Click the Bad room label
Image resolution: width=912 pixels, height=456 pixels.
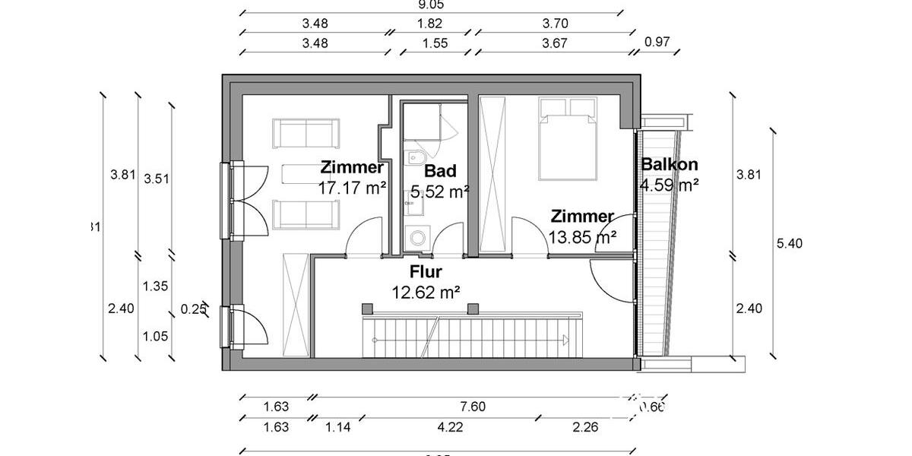[440, 171]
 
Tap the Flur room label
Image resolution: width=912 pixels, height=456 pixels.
[426, 271]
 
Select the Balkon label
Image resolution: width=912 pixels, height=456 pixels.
[669, 164]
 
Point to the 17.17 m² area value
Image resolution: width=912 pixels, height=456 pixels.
[352, 187]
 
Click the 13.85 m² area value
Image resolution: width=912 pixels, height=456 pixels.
[583, 237]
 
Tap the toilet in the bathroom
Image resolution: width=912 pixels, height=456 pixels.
[414, 158]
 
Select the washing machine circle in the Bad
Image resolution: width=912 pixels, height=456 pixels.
[416, 238]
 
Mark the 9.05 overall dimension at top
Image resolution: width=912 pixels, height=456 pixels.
[430, 4]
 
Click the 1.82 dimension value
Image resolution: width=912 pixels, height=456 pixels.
[430, 24]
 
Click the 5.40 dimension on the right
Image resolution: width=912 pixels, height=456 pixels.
[790, 243]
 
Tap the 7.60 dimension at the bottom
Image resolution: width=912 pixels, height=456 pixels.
[473, 407]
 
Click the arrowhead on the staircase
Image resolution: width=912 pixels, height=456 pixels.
[566, 340]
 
